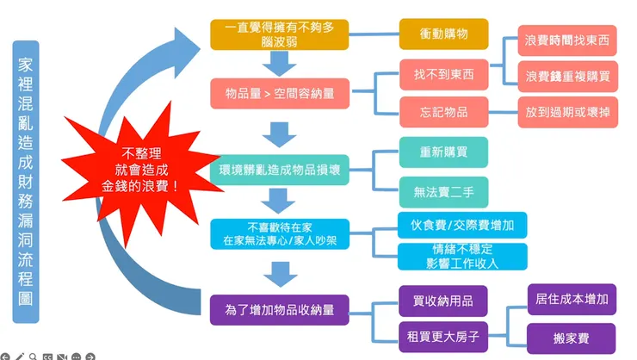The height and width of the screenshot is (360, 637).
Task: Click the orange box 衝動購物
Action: pos(443,34)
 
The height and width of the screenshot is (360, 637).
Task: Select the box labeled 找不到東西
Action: pos(443,75)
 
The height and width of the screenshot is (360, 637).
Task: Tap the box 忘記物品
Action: pos(443,111)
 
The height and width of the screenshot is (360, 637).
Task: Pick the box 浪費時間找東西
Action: pos(566,40)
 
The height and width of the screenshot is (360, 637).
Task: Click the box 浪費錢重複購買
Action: pos(566,76)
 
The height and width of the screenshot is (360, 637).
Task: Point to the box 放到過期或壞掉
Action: pos(566,112)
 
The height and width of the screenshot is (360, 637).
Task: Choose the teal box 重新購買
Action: pos(443,152)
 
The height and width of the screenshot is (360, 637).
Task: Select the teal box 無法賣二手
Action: pos(443,189)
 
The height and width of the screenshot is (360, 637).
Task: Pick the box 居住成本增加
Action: pos(571,300)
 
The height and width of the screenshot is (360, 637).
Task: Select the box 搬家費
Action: pos(571,335)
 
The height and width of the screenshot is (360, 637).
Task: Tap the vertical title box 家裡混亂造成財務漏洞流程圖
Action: pos(26,180)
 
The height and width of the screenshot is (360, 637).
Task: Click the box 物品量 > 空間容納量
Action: pos(281,92)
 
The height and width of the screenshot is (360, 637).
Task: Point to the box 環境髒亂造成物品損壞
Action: pos(281,171)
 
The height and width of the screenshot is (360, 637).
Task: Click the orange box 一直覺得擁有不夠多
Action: pos(281,34)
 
